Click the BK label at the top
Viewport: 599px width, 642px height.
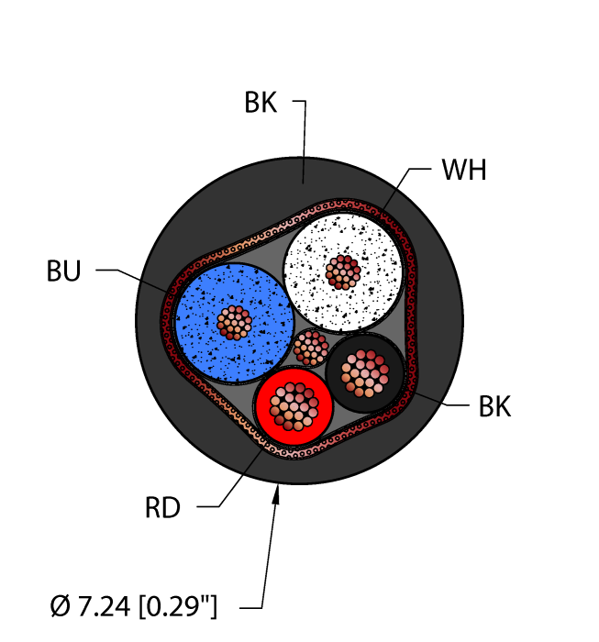(261, 103)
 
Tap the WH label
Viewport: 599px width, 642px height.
(463, 172)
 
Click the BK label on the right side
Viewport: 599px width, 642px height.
(495, 406)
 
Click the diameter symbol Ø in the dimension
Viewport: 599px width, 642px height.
(60, 606)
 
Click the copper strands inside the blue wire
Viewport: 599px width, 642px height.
(235, 321)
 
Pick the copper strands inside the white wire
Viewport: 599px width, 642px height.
(343, 271)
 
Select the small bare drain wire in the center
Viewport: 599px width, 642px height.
(311, 347)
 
